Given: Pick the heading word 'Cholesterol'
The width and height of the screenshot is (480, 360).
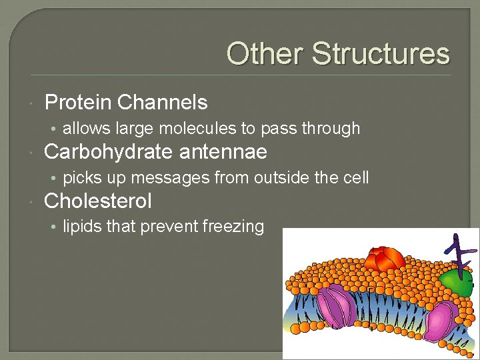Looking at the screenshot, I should (97, 201).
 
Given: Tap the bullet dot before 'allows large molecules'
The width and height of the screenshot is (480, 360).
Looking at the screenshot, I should (55, 129).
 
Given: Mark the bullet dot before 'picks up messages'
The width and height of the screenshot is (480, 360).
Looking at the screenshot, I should (55, 178).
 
